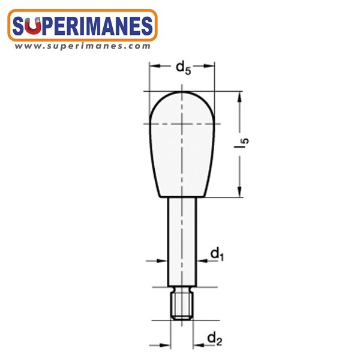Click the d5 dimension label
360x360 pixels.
pyautogui.click(x=183, y=68)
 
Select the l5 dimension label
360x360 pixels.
pyautogui.click(x=241, y=143)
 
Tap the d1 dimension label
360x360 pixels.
pyautogui.click(x=217, y=254)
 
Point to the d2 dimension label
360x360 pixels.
pyautogui.click(x=215, y=340)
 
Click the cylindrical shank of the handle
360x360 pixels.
pyautogui.click(x=182, y=242)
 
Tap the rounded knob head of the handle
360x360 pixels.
pyautogui.click(x=182, y=144)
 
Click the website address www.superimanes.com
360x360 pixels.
pyautogui.click(x=83, y=46)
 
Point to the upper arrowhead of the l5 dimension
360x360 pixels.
pyautogui.click(x=239, y=97)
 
